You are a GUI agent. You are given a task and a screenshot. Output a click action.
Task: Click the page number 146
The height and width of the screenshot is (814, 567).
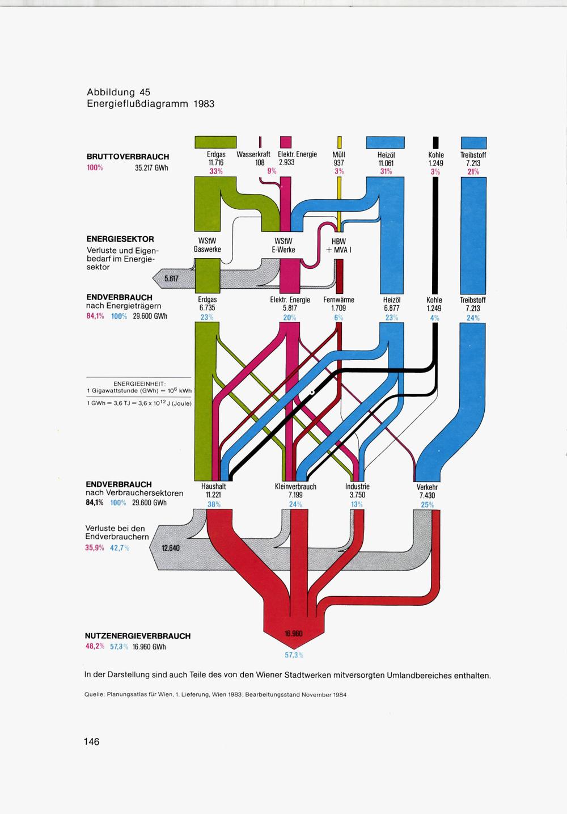[92, 741]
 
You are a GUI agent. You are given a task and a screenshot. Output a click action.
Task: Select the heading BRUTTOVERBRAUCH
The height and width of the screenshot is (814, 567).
[128, 157]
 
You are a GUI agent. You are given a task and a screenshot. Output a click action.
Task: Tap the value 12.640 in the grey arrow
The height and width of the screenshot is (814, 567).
[171, 548]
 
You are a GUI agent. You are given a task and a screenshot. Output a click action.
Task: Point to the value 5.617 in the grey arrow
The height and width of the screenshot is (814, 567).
[171, 278]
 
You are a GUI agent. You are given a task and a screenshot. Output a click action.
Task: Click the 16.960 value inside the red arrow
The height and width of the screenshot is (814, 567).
[293, 633]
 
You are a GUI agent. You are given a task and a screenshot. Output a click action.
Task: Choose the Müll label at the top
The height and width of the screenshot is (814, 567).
[339, 154]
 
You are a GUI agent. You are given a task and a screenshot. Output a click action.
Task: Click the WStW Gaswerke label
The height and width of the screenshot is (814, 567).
[207, 245]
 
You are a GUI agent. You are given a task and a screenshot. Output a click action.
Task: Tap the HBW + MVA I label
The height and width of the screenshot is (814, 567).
[339, 245]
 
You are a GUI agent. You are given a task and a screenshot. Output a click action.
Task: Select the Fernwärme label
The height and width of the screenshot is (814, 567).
[339, 300]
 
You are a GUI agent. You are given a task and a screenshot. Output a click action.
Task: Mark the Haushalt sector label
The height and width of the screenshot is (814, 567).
[213, 486]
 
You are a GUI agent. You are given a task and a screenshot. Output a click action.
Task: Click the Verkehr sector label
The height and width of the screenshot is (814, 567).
[427, 487]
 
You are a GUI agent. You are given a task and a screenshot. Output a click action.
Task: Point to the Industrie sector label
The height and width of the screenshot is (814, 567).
[357, 486]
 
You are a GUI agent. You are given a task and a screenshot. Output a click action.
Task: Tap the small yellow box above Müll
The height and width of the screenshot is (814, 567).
[339, 142]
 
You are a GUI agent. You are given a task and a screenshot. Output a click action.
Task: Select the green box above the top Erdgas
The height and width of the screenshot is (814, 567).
[215, 142]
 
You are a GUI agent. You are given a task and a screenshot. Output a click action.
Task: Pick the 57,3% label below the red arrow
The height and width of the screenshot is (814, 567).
[294, 655]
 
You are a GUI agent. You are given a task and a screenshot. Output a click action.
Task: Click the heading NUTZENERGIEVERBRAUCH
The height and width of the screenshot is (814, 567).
[138, 636]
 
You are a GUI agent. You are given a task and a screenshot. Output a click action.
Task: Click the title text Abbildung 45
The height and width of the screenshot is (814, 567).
[119, 92]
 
